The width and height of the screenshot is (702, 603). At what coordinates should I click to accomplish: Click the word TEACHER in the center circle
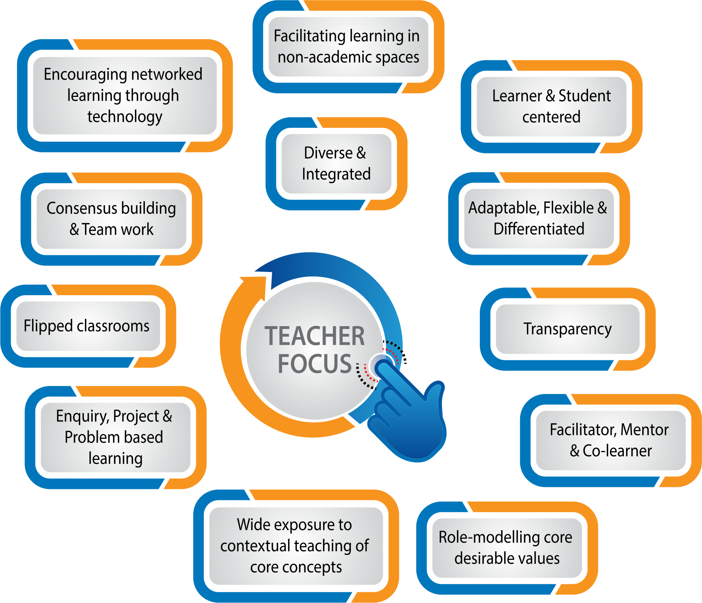click(315, 336)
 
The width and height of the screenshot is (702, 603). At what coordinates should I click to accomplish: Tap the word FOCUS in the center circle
click(315, 364)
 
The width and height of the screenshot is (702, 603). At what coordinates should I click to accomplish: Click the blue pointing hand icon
click(411, 419)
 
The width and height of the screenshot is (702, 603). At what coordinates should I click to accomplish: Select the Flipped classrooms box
click(87, 326)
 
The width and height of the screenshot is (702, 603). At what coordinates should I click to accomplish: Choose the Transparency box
click(567, 329)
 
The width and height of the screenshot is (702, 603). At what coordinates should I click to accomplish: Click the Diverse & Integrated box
click(336, 163)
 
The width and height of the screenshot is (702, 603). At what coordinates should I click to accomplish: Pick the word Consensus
click(76, 208)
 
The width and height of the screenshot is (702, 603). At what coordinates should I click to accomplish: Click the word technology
click(125, 117)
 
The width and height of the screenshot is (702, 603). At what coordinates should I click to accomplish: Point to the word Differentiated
click(539, 229)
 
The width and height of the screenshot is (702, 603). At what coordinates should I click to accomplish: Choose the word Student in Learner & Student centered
click(584, 96)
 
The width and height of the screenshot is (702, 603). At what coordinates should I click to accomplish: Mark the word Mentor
click(645, 430)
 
